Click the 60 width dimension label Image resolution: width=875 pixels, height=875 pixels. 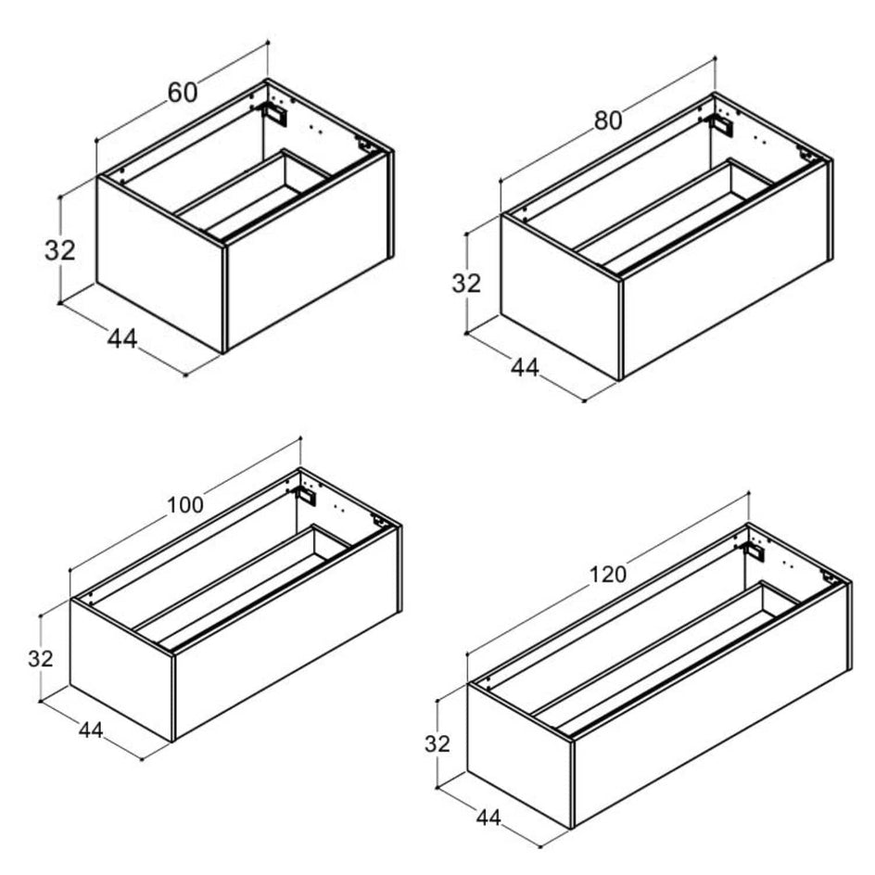click(183, 93)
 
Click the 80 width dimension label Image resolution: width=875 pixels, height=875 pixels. click(608, 120)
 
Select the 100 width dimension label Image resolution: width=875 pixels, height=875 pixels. click(185, 505)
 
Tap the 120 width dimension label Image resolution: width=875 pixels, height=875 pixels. click(608, 575)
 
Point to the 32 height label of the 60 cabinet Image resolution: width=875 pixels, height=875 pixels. click(59, 250)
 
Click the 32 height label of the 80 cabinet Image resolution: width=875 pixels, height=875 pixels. click(466, 284)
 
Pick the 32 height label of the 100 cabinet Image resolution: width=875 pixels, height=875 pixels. click(41, 659)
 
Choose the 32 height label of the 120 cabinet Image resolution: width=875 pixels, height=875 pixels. click(437, 744)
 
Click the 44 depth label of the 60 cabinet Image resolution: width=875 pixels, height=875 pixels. click(122, 338)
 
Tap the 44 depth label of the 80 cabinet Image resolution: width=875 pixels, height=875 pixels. click(526, 367)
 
